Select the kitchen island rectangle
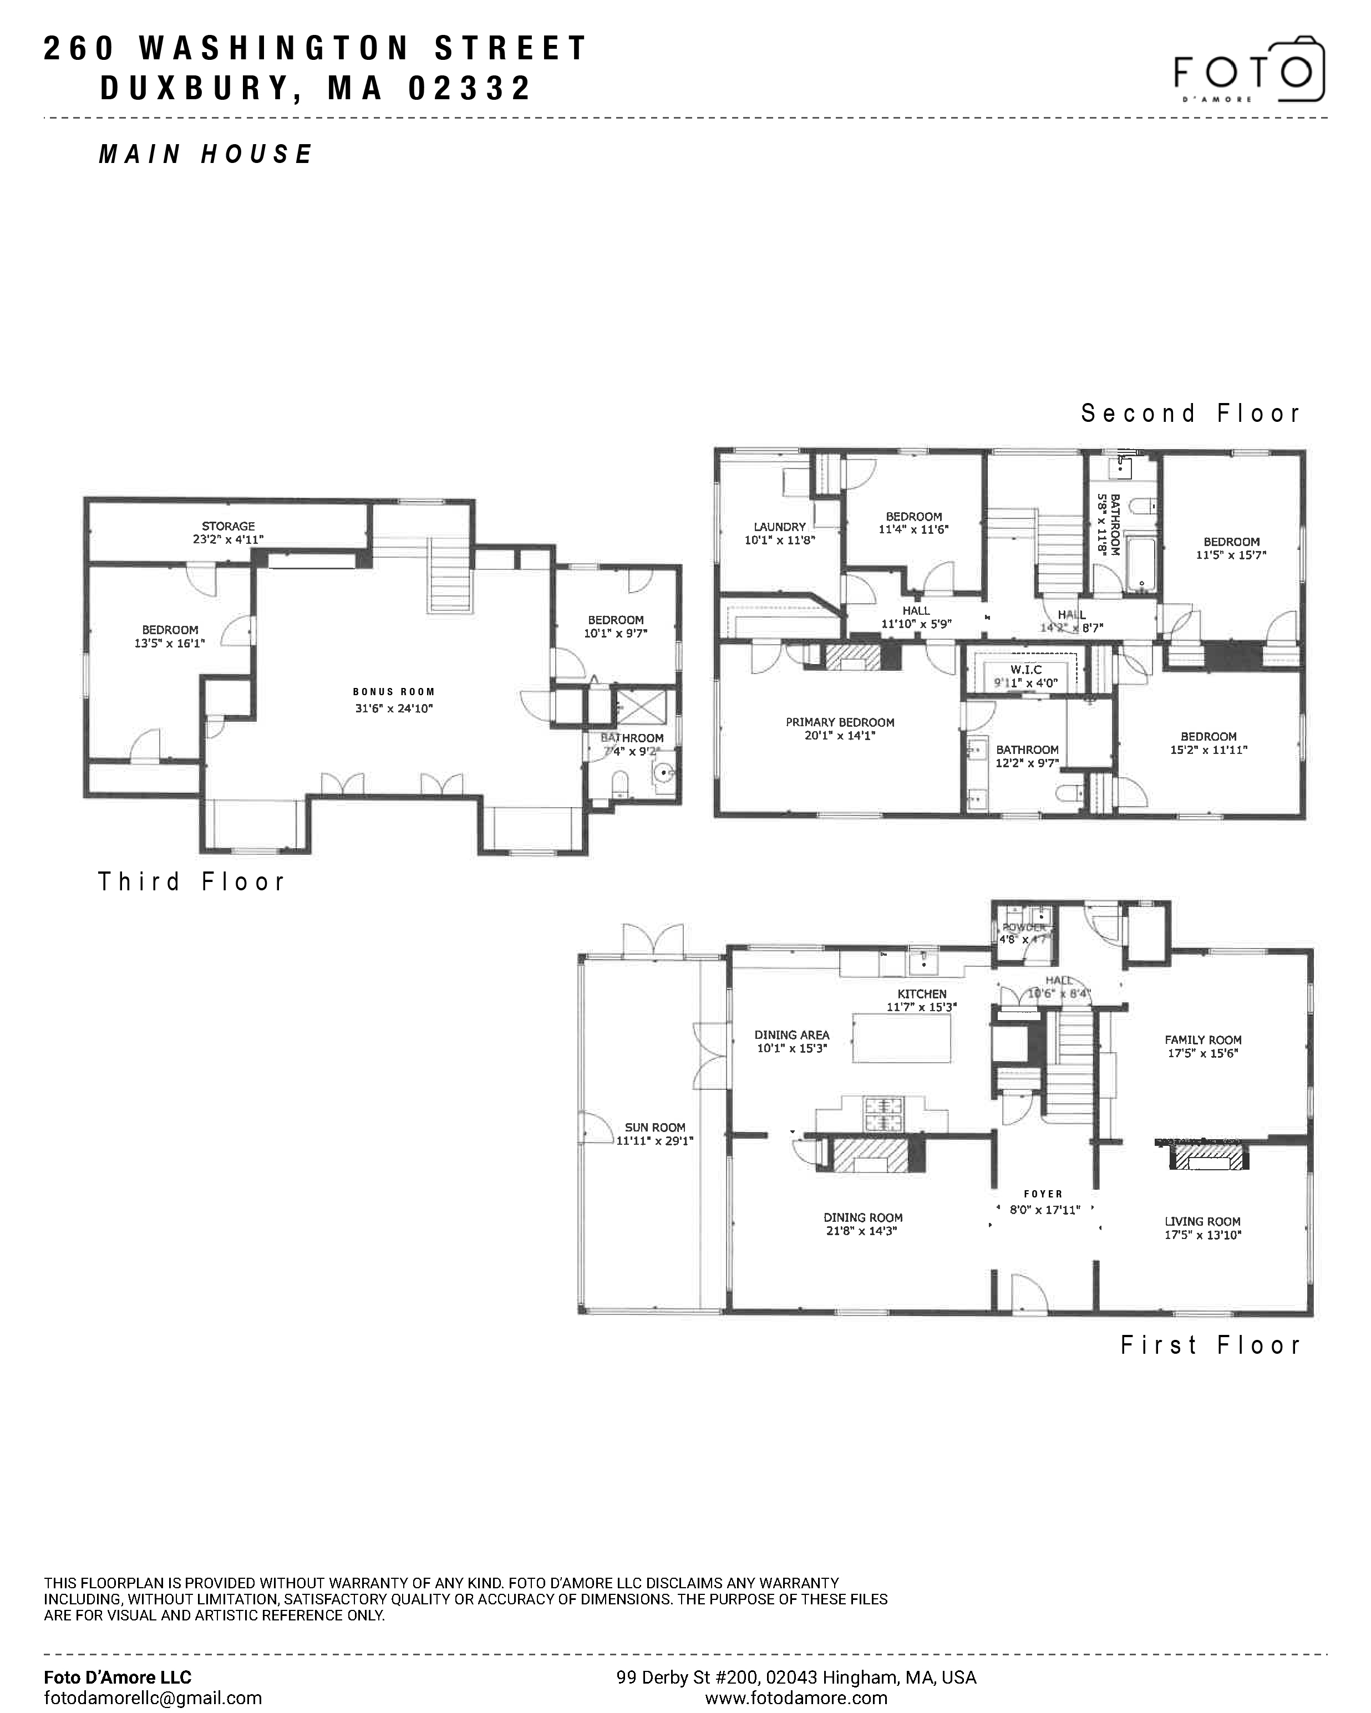[901, 1038]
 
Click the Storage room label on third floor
[228, 526]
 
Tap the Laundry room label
[780, 527]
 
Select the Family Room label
[1202, 1040]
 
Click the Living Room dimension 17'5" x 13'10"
[1202, 1235]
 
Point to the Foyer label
[1043, 1194]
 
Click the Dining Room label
[862, 1217]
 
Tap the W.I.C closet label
[1025, 670]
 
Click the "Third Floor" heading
[191, 882]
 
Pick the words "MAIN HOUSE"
[206, 154]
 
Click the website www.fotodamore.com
[795, 1698]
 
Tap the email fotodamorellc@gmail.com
[153, 1698]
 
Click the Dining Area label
[791, 1034]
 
